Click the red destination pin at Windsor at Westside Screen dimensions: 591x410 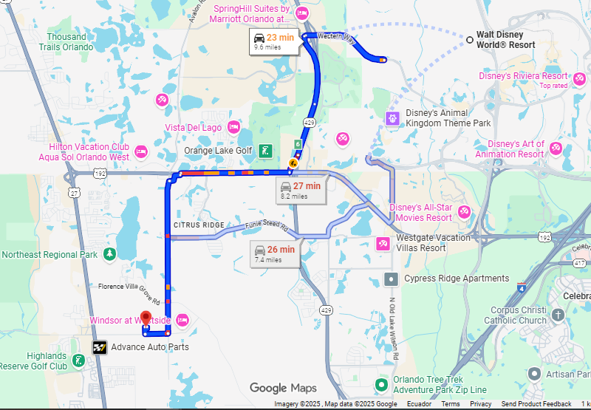pos(146,318)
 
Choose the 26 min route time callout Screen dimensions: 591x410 pos(274,253)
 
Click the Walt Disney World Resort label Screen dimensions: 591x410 pos(505,40)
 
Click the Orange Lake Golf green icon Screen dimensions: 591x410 pos(264,151)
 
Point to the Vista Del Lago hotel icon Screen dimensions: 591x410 pos(233,127)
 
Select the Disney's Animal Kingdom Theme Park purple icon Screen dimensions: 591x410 pos(392,117)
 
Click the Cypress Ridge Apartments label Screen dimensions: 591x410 pos(456,279)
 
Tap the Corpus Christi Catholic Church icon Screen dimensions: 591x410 pos(558,315)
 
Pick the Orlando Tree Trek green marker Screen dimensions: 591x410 pos(381,384)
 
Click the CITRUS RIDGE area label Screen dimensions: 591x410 pos(199,225)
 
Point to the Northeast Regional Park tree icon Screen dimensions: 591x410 pos(109,254)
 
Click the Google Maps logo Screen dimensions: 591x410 pos(283,388)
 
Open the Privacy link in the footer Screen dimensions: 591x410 pos(480,404)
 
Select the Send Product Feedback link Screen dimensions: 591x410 pos(536,404)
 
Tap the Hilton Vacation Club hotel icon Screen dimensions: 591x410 pos(141,152)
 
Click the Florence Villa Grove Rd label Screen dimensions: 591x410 pos(129,289)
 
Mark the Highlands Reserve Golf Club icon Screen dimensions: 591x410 pos(78,361)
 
